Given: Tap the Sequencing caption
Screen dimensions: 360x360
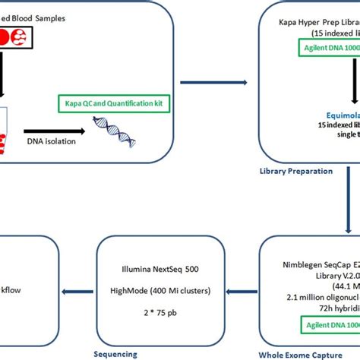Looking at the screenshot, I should point(116,353).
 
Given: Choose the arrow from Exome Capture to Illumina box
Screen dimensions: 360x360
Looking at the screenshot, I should point(237,288).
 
